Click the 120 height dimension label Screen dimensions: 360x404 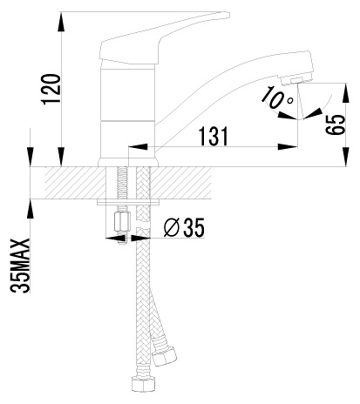(x=51, y=89)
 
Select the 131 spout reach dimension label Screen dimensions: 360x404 (x=214, y=136)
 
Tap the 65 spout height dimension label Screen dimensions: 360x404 (x=335, y=125)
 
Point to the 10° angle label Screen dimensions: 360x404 (x=277, y=98)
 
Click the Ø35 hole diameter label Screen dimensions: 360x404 (x=184, y=227)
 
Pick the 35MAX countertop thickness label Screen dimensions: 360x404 (x=20, y=266)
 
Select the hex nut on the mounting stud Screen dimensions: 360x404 (x=122, y=221)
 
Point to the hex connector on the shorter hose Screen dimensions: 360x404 (x=165, y=355)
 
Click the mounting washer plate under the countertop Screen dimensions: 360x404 (x=129, y=202)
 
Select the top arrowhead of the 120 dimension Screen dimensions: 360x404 (x=61, y=21)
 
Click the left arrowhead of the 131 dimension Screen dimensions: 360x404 (x=138, y=147)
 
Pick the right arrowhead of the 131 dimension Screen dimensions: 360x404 (x=288, y=147)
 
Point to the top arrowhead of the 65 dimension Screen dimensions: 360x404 (x=346, y=93)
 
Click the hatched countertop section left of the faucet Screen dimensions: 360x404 (x=75, y=183)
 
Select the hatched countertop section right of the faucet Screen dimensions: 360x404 (x=180, y=183)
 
